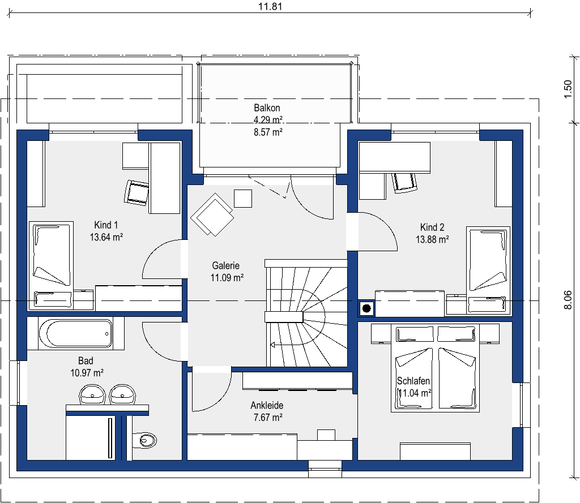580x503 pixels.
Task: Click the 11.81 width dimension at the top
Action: pos(270,6)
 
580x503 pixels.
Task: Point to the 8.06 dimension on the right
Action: pos(568,300)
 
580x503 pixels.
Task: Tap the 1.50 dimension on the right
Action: pos(568,89)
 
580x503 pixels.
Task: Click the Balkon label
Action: pos(267,108)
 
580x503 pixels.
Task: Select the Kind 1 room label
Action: pos(106,225)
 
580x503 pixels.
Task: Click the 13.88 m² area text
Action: pos(432,239)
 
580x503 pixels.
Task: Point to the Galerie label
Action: pos(225,265)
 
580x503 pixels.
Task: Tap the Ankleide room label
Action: pos(267,406)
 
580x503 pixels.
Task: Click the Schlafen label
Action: pos(413,381)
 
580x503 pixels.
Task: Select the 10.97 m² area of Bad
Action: pos(87,373)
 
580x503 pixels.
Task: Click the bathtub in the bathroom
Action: pos(76,333)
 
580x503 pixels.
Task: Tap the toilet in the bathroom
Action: pos(144,440)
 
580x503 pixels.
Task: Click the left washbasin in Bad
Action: pos(92,394)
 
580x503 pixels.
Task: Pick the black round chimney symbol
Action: pos(366,308)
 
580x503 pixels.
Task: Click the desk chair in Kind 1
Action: pos(137,192)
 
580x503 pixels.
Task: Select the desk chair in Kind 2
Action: pos(404,183)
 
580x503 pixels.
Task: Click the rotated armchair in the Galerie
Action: pos(212,215)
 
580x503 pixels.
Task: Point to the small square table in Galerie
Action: pos(243,199)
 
